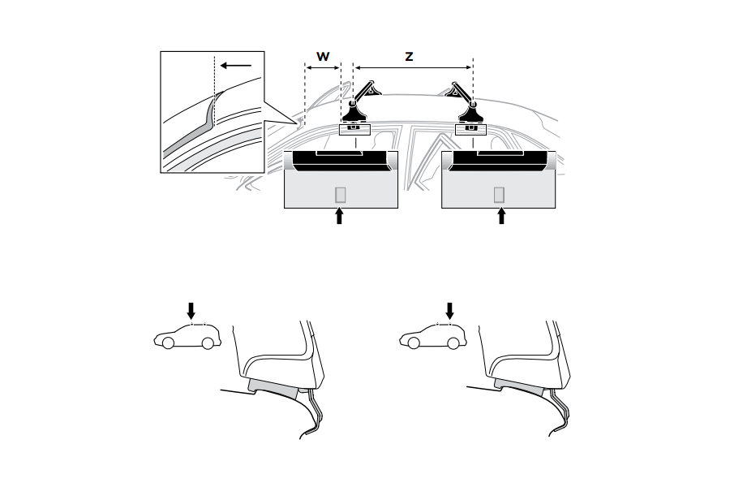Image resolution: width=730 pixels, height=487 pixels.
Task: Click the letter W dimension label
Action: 323,57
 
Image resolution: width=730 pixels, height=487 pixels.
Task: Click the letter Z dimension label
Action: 409,57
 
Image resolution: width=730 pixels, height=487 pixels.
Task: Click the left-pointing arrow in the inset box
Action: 235,65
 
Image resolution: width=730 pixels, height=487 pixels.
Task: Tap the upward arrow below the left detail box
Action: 339,216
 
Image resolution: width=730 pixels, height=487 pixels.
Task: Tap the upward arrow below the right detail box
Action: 501,216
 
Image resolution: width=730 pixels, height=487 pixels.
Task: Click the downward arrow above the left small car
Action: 191,311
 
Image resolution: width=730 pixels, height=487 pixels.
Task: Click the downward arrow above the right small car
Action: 449,311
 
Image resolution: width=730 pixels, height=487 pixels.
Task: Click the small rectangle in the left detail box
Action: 341,195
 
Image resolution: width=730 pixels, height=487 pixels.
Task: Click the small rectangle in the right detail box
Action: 499,195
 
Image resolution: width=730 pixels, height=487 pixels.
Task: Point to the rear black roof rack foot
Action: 470,111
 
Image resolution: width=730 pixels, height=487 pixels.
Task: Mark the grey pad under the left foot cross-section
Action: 273,388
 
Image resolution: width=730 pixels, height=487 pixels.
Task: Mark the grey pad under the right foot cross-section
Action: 518,388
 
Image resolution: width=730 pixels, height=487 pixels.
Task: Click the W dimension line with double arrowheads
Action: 323,68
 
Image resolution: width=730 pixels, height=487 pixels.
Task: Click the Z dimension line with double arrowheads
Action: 414,68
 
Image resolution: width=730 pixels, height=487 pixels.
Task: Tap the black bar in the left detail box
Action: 341,161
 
